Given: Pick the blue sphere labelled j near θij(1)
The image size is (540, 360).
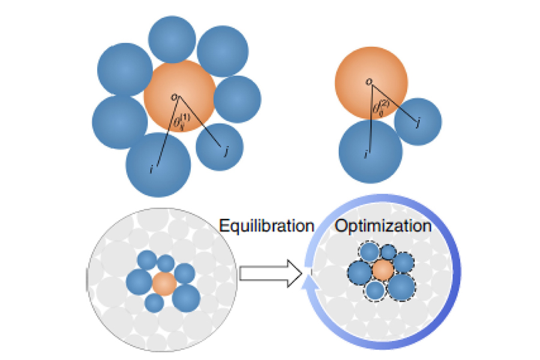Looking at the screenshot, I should point(219,148).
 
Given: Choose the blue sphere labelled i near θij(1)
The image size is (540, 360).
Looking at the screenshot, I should point(158,164).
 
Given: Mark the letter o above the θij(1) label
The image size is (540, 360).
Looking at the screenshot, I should point(174,96).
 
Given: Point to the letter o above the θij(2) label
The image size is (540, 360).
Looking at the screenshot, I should point(369,81).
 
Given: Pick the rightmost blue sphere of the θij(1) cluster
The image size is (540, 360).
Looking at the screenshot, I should point(237,99).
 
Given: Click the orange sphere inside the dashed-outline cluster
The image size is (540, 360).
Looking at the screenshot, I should point(382,271).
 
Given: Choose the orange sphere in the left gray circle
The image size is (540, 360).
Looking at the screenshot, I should point(163,283).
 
